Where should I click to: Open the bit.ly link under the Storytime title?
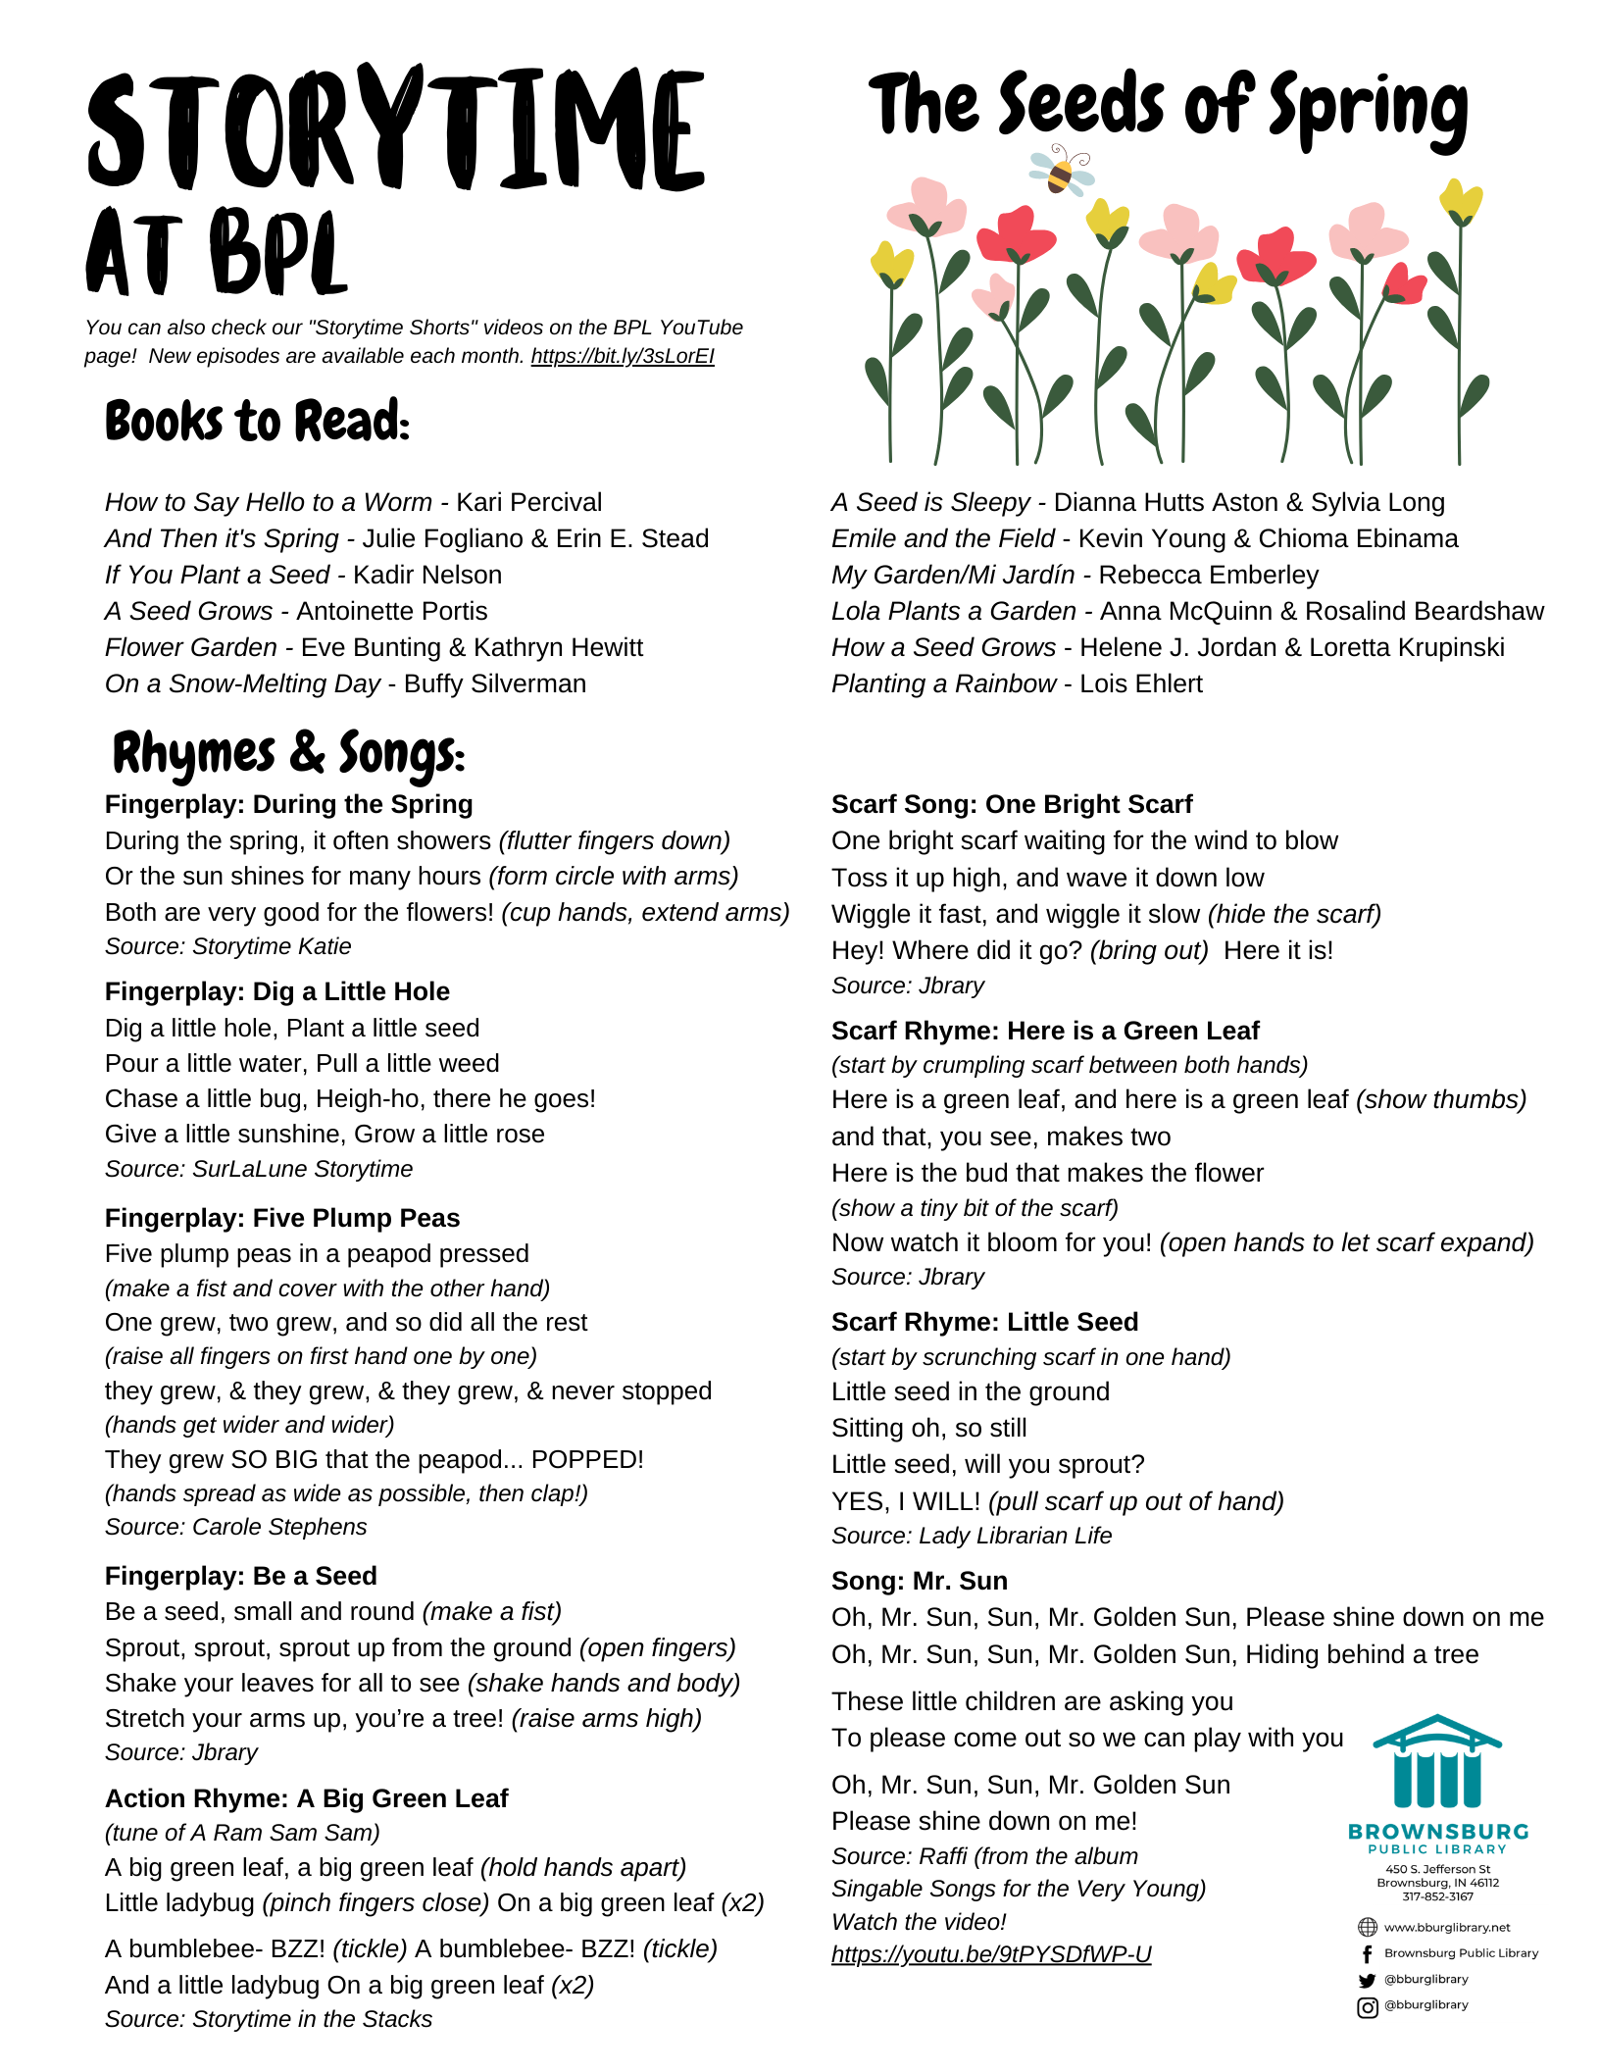click(x=623, y=356)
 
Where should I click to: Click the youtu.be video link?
click(x=990, y=1954)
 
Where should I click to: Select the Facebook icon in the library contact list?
click(x=1367, y=1953)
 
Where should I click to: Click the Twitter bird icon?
click(x=1367, y=1980)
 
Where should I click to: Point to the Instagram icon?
click(x=1367, y=2007)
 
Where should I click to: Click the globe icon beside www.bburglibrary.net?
click(x=1367, y=1928)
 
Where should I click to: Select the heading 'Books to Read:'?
click(x=257, y=422)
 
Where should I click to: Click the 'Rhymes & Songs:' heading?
click(x=288, y=754)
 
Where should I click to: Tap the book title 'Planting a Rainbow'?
click(x=943, y=683)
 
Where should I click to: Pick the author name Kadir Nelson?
click(x=427, y=575)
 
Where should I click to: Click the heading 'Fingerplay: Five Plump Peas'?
click(x=282, y=1218)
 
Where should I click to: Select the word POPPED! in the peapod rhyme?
click(x=587, y=1459)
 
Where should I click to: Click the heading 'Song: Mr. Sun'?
click(x=919, y=1581)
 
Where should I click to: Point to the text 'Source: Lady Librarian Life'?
click(x=972, y=1536)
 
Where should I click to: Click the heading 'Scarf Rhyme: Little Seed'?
click(x=984, y=1322)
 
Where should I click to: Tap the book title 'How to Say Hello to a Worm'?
click(x=269, y=502)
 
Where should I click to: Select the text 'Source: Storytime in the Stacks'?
click(x=269, y=2019)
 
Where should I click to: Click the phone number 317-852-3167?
click(x=1437, y=1896)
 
